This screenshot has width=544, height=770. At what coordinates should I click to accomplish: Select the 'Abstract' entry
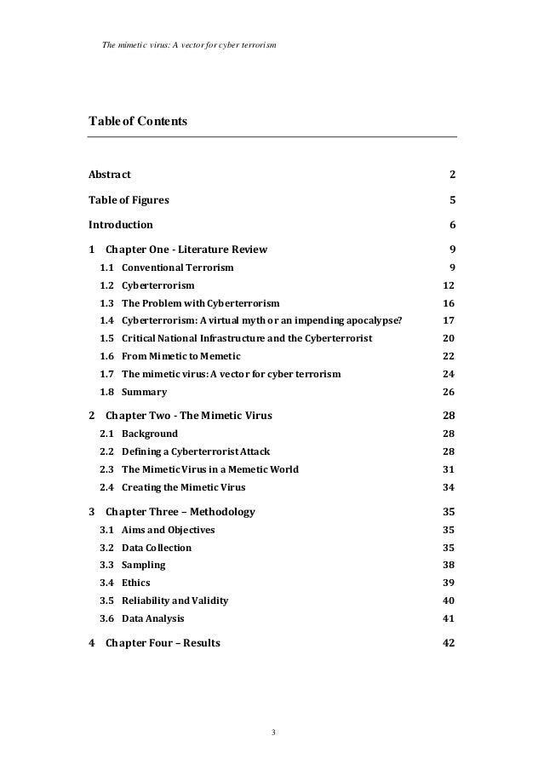pos(110,175)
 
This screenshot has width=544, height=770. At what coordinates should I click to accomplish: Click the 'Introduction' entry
pos(121,226)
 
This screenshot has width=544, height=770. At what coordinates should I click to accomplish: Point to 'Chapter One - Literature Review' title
pos(186,250)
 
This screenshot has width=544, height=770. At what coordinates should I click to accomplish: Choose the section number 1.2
pos(107,285)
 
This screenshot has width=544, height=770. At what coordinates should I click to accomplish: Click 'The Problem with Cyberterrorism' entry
pos(200,303)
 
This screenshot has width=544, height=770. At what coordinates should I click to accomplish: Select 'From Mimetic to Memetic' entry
pos(181,356)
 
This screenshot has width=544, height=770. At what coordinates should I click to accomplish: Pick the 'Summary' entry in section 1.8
pos(144,393)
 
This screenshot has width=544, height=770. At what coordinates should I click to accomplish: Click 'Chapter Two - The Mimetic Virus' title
pos(188,417)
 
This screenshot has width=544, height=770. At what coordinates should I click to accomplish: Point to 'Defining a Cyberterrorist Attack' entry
pos(196,451)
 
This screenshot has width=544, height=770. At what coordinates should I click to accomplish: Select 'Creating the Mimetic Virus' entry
pos(183,487)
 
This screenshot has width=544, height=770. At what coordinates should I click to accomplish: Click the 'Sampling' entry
pos(143,565)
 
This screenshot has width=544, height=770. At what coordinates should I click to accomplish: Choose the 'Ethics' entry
pos(136,583)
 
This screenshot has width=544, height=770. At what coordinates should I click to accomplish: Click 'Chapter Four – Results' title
pos(163,643)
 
